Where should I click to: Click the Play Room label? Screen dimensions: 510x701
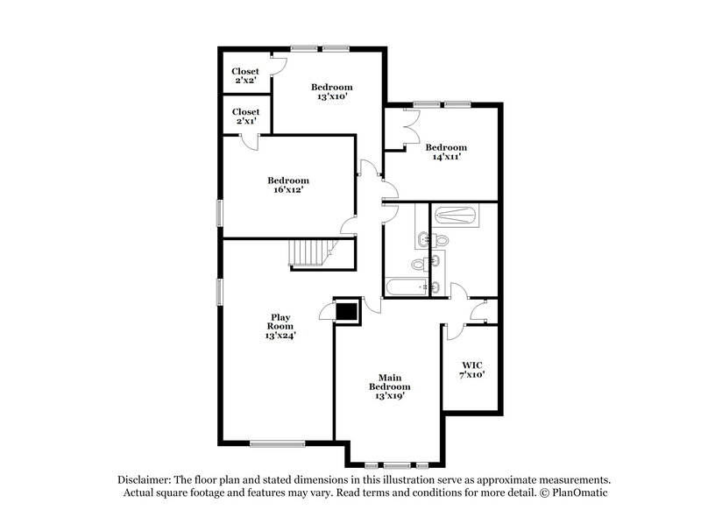tap(280, 326)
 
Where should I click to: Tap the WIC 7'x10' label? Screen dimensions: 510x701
tap(473, 369)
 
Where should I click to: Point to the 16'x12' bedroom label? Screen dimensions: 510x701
tap(288, 185)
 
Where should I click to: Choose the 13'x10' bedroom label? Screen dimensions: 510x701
tap(332, 92)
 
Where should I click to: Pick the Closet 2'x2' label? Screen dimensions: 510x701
tap(245, 76)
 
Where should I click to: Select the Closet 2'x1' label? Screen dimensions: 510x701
tap(245, 117)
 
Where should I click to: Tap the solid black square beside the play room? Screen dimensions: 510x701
tap(348, 310)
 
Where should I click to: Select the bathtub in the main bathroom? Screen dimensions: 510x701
tap(456, 216)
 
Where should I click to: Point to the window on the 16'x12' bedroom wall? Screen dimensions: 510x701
tap(219, 212)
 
